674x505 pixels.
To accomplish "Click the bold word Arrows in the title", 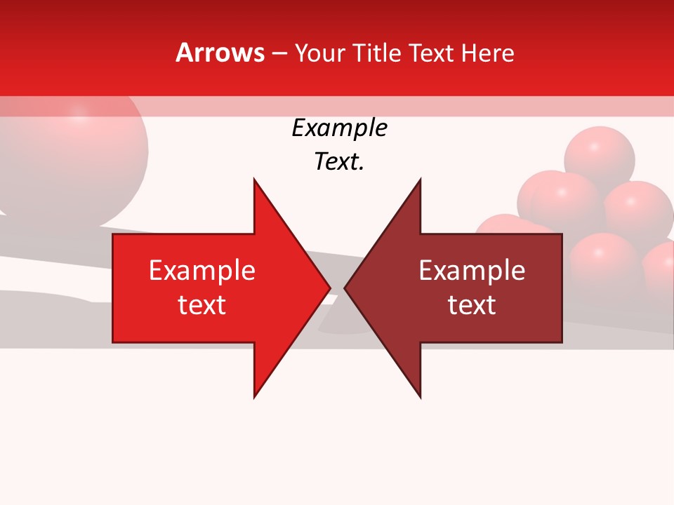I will (220, 53).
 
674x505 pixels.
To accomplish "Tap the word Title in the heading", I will (377, 53).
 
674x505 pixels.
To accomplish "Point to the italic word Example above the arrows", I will (339, 128).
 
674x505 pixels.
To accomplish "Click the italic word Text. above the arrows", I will (339, 162).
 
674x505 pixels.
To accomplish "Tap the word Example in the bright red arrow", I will (202, 270).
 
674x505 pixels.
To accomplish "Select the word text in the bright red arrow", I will (202, 305).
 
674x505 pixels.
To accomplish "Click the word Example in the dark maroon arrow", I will (472, 270).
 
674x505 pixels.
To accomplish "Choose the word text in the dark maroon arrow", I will (472, 305).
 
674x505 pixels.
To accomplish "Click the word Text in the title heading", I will (433, 53).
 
